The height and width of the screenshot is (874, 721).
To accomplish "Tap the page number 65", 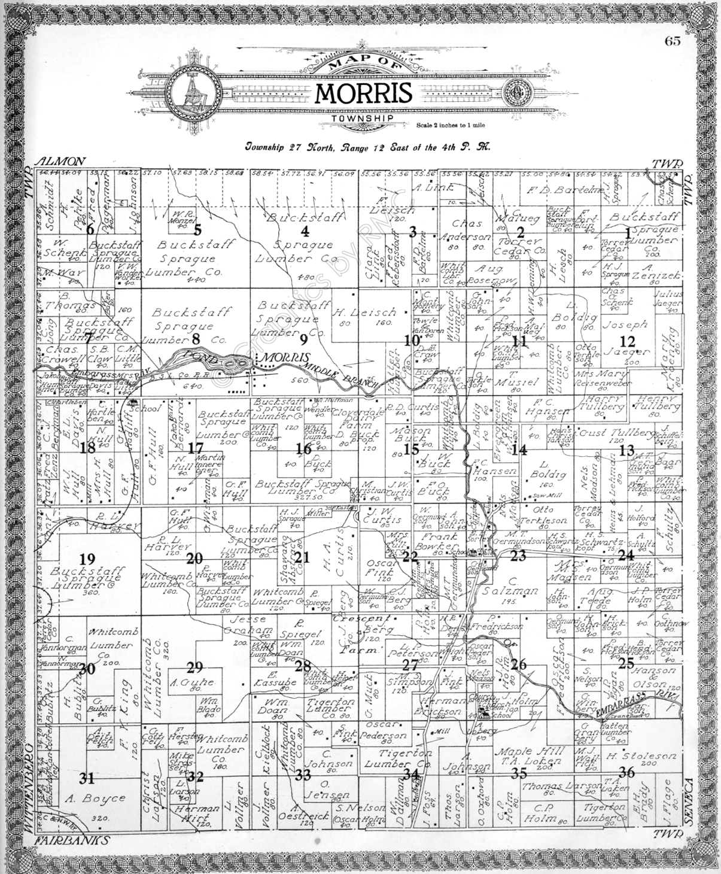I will point(673,41).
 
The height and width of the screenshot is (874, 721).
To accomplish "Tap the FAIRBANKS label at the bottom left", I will point(72,840).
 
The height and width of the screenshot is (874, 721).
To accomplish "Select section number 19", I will point(87,560).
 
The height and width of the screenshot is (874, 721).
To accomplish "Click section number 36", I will point(626,772).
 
